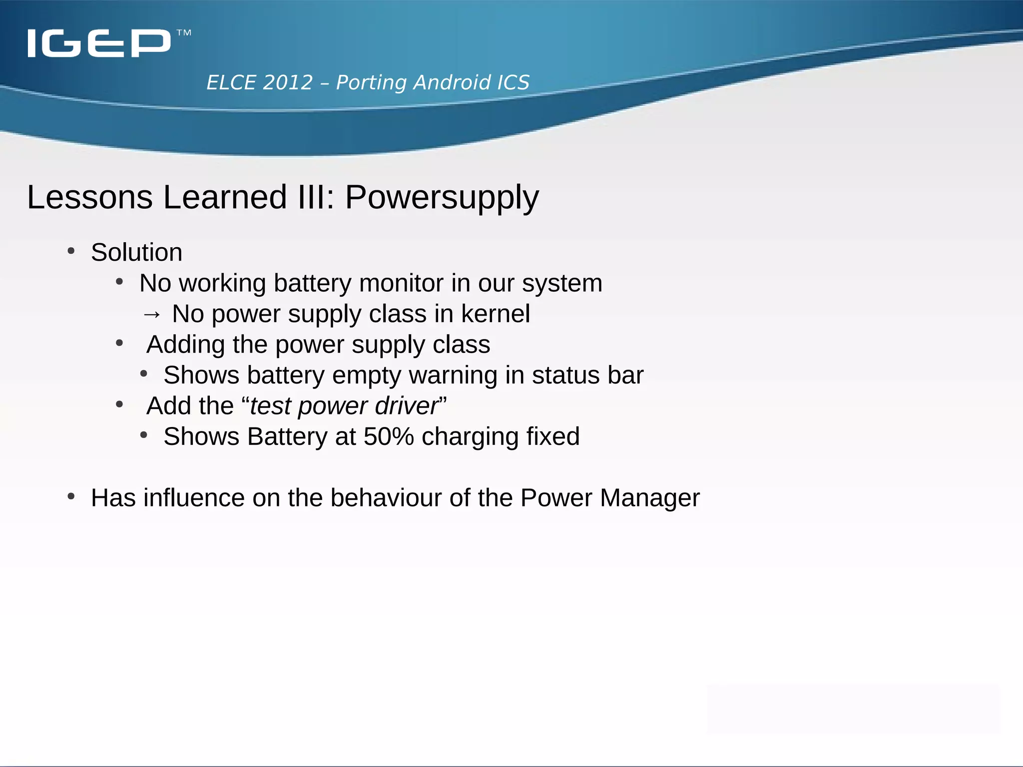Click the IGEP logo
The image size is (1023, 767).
99,43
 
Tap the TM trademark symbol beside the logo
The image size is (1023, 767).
184,33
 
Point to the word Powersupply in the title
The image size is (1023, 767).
442,197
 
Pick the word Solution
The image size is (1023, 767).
136,252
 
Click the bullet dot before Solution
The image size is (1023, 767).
71,251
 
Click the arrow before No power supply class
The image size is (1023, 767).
151,314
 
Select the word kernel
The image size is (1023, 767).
495,314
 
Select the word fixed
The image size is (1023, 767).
552,436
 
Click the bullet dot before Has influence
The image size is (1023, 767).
71,496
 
